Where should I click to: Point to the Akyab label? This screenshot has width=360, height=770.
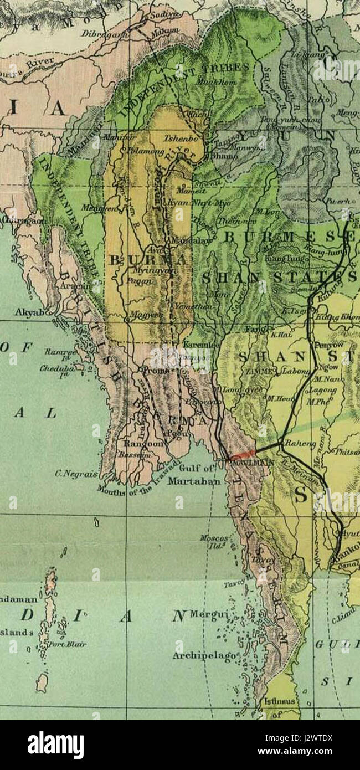(26, 313)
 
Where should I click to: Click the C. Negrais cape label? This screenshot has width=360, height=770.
(77, 474)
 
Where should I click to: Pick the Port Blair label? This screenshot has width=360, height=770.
(68, 644)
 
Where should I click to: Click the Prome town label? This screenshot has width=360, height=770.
(156, 370)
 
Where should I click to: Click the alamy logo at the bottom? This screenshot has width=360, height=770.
(55, 745)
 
